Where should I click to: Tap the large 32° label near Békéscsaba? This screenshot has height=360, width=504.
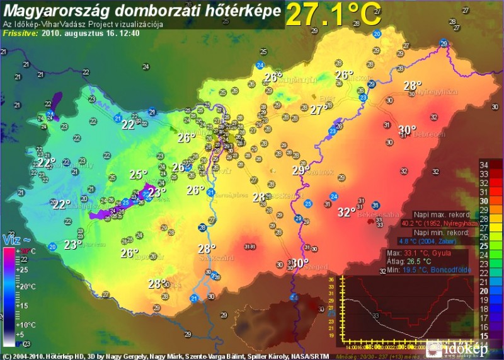346,212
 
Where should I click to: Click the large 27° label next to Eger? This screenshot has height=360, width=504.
318,110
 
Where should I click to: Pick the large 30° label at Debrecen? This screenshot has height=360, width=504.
407,130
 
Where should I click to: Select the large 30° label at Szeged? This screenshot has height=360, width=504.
300,263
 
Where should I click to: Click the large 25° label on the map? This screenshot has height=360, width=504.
138,175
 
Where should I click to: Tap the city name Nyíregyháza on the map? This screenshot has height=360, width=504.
436,92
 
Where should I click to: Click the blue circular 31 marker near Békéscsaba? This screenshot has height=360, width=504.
376,206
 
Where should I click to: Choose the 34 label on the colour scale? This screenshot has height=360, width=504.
484,165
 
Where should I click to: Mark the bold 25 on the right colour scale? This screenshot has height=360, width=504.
484,246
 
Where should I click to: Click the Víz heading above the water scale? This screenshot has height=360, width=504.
13,240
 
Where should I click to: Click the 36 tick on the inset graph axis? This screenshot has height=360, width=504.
331,279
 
